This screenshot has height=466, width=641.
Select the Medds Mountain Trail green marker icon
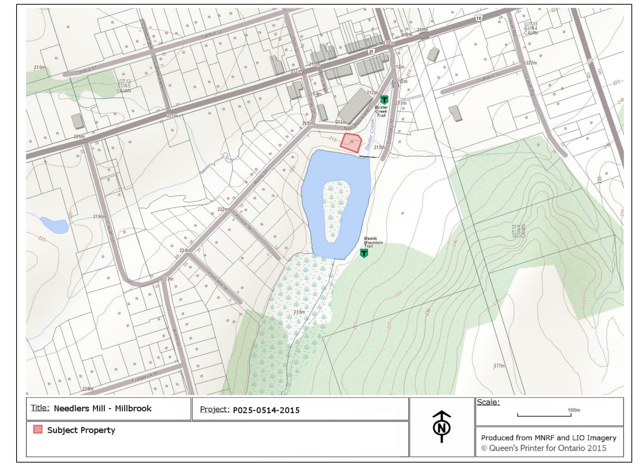point(364,253)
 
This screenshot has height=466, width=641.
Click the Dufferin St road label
point(488,77)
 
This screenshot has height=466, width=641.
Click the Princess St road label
point(218,281)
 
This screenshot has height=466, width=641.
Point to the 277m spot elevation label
point(499,366)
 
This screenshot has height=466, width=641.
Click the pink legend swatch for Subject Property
point(38,429)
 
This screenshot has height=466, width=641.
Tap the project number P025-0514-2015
point(266,410)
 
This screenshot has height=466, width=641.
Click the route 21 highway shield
point(371,52)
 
